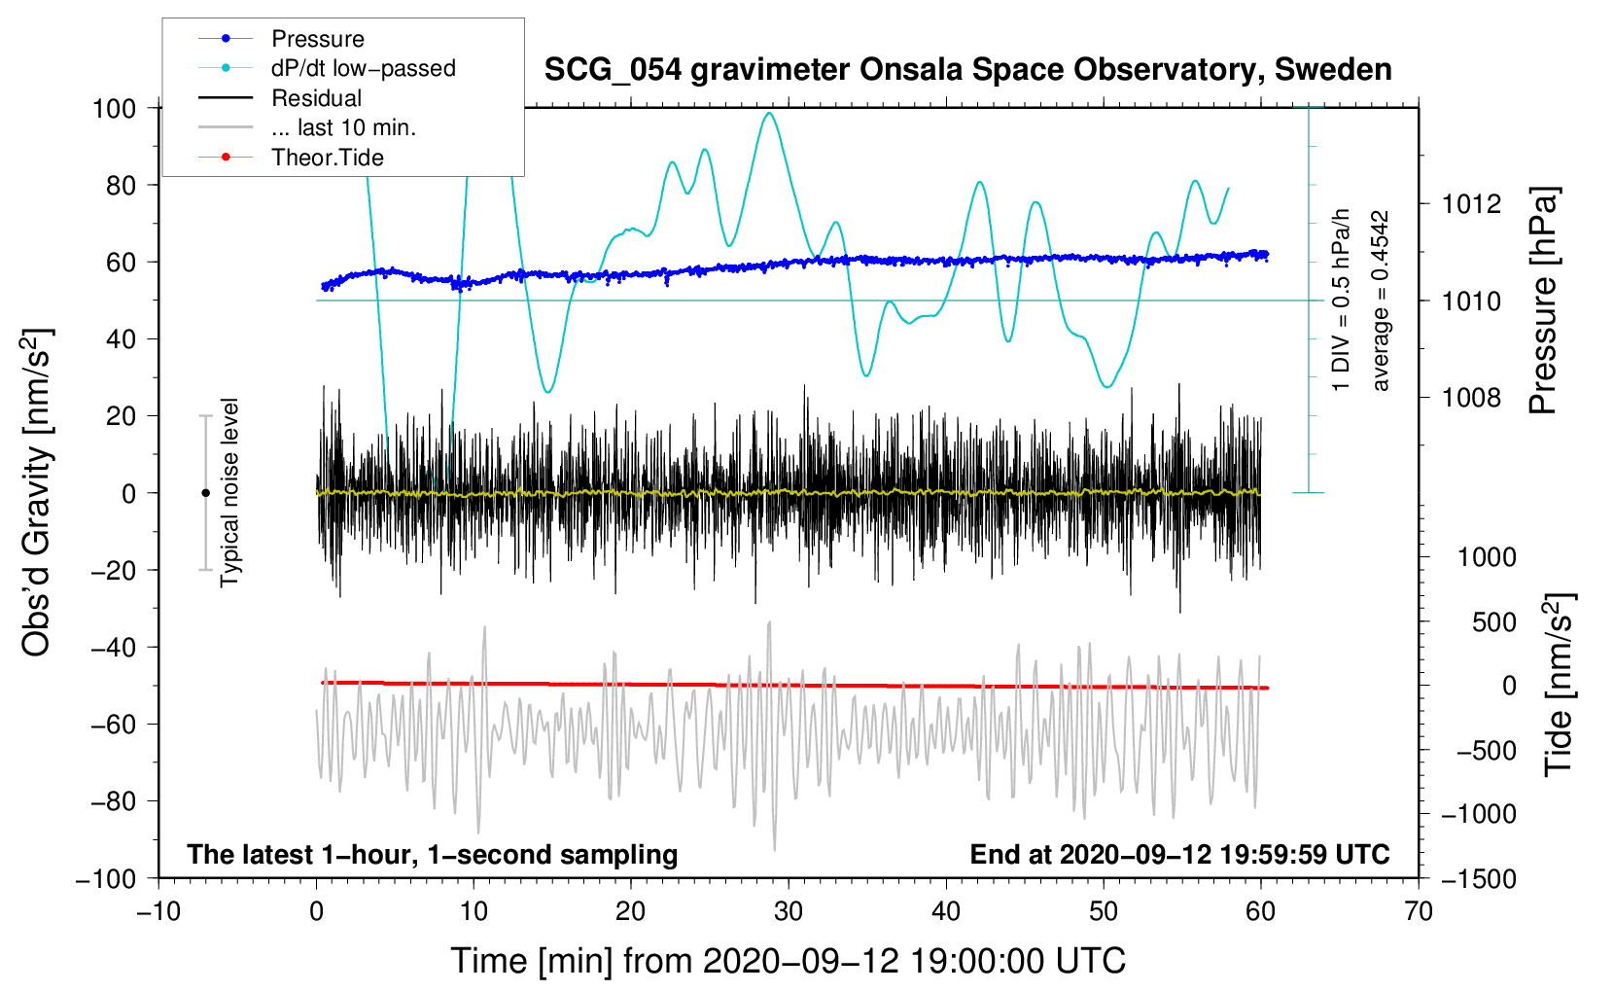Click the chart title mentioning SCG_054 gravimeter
coord(967,70)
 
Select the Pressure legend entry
coord(317,39)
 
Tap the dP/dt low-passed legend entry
coord(363,68)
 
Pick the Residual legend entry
coord(316,98)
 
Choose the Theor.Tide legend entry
coord(327,158)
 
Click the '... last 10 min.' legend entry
coord(343,127)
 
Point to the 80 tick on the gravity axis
coord(121,185)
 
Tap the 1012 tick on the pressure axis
coord(1472,204)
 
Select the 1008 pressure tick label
coord(1472,398)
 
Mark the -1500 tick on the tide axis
coord(1478,879)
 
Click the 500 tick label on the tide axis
coord(1493,622)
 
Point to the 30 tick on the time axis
coord(789,912)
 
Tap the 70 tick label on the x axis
coord(1419,912)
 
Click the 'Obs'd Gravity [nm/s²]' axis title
coord(37,492)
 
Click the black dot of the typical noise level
coord(205,493)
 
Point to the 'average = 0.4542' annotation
coord(1381,301)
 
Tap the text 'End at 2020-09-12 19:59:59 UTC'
coord(1179,855)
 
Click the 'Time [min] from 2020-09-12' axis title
coord(789,961)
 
